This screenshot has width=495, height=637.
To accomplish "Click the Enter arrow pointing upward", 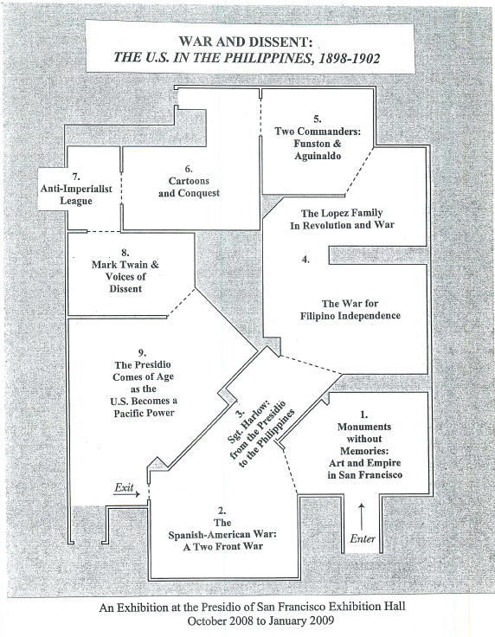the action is (x=362, y=516).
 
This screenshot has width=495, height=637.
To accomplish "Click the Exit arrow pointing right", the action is (x=126, y=494).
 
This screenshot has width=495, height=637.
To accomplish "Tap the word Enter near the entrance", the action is (x=363, y=538).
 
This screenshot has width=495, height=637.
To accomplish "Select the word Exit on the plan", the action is (x=124, y=486).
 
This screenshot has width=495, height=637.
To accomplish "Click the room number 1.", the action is (x=363, y=415).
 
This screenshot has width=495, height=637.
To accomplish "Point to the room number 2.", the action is (x=222, y=511).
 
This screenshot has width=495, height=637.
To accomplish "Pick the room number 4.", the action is (x=305, y=259).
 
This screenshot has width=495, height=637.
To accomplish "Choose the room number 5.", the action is (x=317, y=119).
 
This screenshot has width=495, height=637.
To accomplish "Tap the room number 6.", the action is (x=189, y=169).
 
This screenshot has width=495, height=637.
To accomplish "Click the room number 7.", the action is (x=76, y=177).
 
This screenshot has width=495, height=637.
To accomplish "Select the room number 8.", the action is (x=125, y=253).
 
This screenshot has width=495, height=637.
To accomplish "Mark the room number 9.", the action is (x=142, y=352).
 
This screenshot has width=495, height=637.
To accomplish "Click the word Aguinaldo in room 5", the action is (x=318, y=156).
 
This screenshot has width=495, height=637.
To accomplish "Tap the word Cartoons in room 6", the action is (x=189, y=181).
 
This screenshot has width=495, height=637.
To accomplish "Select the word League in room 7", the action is (x=76, y=201).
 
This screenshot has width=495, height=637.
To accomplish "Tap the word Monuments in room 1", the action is (x=364, y=427).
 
